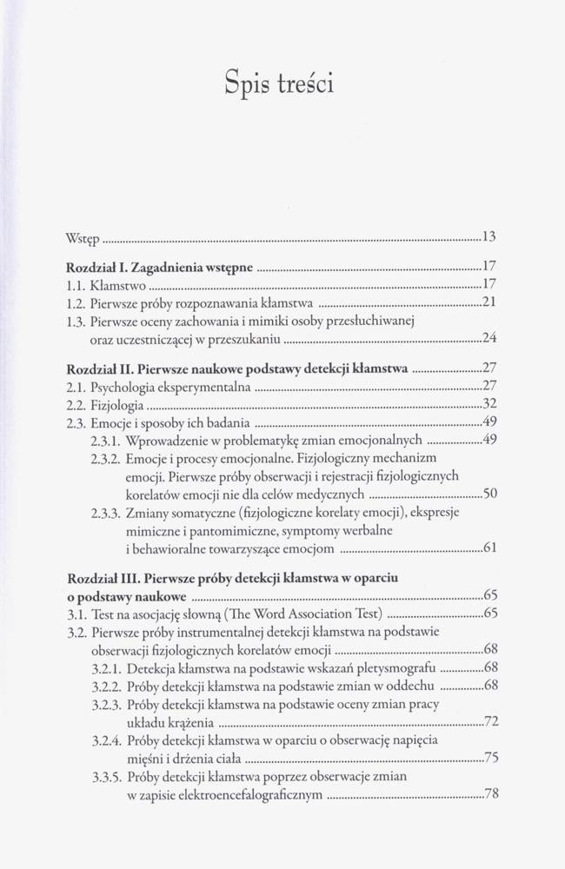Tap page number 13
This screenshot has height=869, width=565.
[x=488, y=237]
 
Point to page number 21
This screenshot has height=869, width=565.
[x=488, y=303]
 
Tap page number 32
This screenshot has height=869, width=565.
[x=488, y=404]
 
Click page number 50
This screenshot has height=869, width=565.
[x=489, y=494]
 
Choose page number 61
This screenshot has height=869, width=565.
[x=489, y=548]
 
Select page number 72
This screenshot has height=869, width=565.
[x=489, y=722]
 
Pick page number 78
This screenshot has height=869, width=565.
[x=489, y=794]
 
